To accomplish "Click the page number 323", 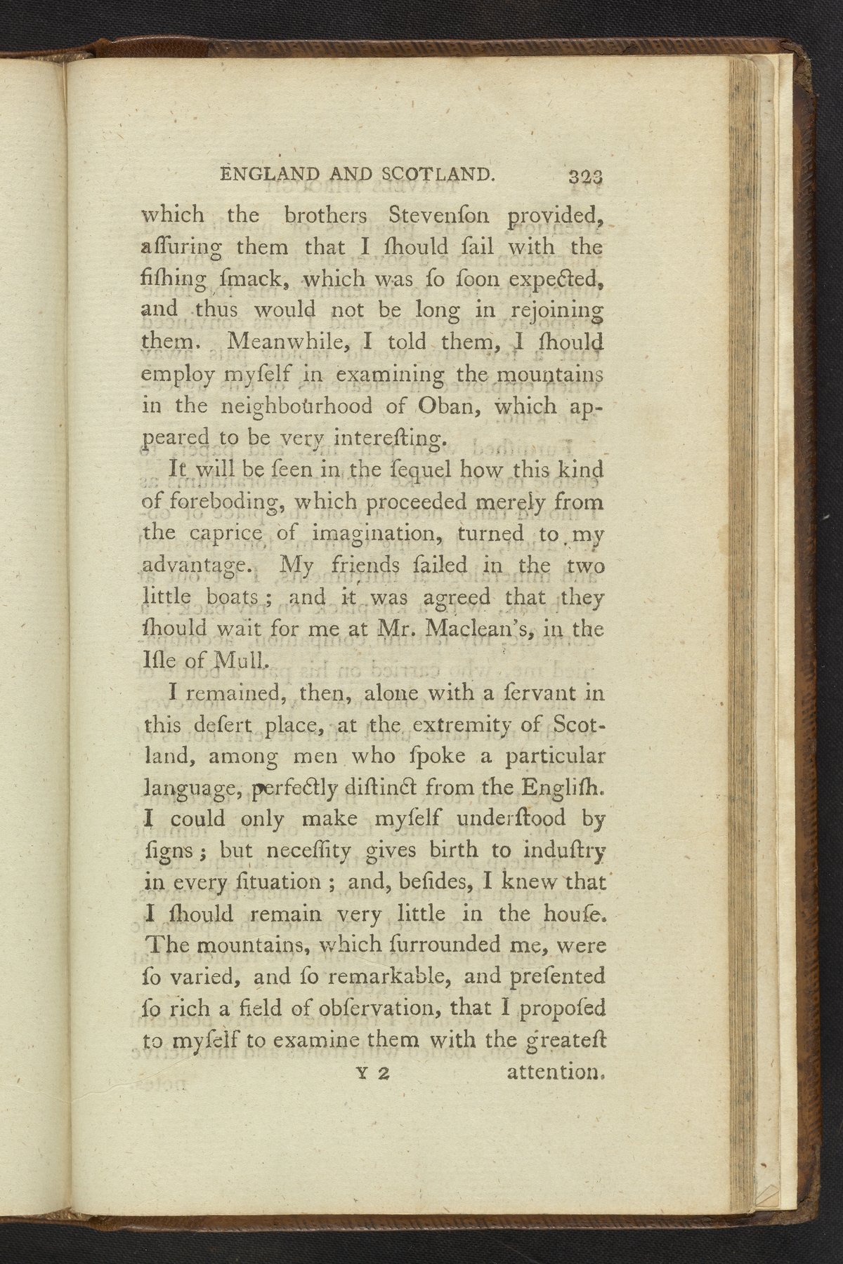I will [587, 177].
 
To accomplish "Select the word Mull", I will [240, 660].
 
